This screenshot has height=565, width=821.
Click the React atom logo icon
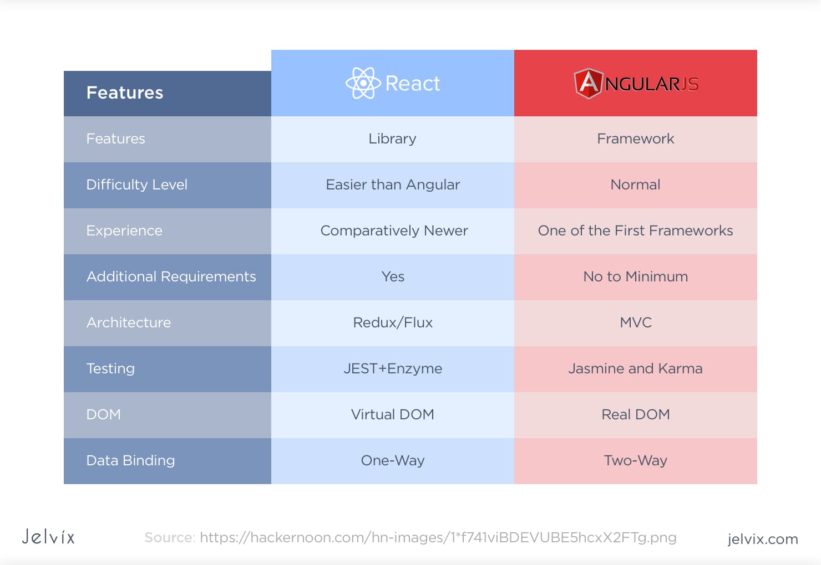click(x=363, y=83)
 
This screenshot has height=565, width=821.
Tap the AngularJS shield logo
click(x=588, y=84)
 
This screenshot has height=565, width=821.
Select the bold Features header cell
click(x=125, y=93)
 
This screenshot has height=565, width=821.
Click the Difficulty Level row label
click(x=137, y=184)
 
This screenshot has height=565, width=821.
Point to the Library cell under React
click(x=392, y=138)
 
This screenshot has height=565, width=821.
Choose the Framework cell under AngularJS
click(x=635, y=138)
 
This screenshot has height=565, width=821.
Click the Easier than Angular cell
click(x=393, y=184)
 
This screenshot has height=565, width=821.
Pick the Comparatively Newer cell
click(x=394, y=230)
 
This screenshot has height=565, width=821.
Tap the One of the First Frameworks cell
click(x=635, y=230)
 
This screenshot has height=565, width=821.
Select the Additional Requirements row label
click(x=171, y=276)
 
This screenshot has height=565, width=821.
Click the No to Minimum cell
click(x=635, y=276)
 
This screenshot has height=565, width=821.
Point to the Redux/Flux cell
click(x=393, y=322)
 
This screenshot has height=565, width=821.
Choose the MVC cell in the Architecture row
click(x=636, y=322)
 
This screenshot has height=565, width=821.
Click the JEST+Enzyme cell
click(x=393, y=368)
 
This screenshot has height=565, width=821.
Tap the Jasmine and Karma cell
click(x=635, y=368)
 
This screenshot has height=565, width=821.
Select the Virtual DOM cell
click(x=393, y=414)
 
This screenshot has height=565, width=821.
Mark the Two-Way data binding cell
click(x=635, y=460)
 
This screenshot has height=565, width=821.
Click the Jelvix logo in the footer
click(x=48, y=537)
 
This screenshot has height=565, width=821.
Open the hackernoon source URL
click(x=438, y=537)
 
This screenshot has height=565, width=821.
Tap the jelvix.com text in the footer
click(x=762, y=539)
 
